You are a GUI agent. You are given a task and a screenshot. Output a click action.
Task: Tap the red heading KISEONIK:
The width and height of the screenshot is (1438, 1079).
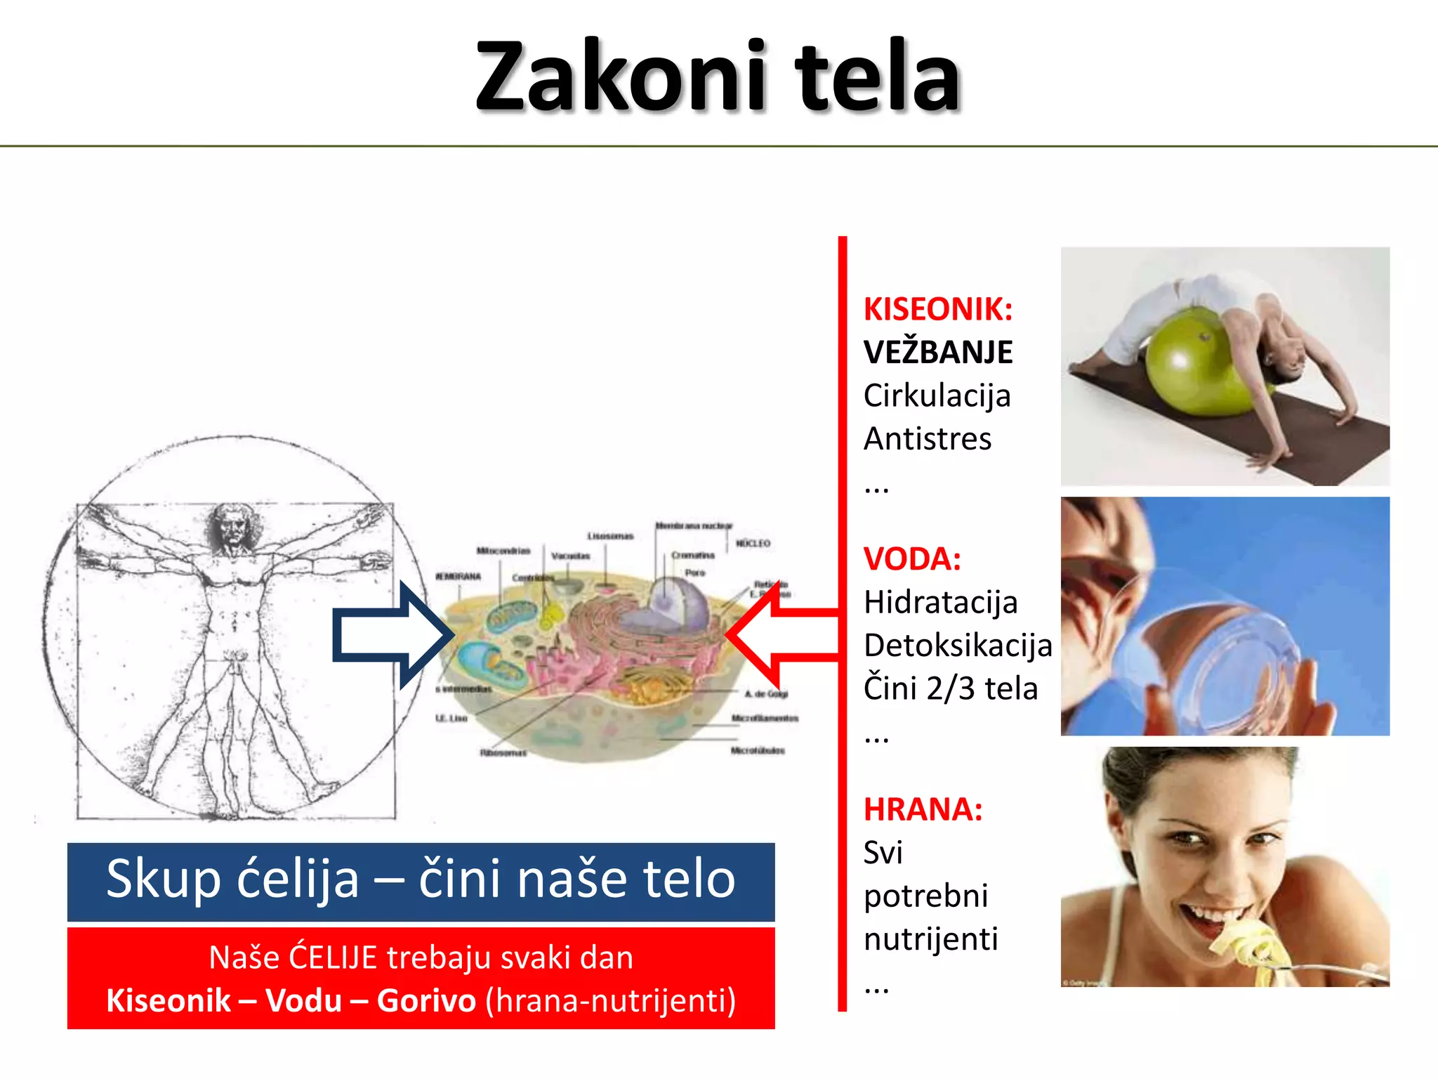tap(938, 309)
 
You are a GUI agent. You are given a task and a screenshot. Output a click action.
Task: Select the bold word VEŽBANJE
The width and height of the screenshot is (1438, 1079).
tap(938, 352)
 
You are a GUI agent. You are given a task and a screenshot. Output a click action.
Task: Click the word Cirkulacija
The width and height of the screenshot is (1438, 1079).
tap(937, 395)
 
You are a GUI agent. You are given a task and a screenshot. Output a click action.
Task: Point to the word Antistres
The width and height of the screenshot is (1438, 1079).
tap(927, 439)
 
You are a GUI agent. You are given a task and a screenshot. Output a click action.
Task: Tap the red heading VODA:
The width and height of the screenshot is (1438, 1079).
tap(912, 559)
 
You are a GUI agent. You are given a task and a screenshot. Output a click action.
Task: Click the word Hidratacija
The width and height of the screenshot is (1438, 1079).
tap(940, 602)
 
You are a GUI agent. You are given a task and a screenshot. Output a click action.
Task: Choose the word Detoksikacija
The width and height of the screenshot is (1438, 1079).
tap(958, 646)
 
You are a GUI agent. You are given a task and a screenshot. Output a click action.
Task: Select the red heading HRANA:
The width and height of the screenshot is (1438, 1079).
tap(923, 809)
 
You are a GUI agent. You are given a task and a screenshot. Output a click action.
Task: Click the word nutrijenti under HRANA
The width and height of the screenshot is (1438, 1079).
tap(930, 939)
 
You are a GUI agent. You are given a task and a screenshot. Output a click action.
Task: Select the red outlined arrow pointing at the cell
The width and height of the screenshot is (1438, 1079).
tap(779, 634)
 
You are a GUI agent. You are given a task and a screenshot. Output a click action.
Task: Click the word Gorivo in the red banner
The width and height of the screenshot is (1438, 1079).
tap(426, 1000)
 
